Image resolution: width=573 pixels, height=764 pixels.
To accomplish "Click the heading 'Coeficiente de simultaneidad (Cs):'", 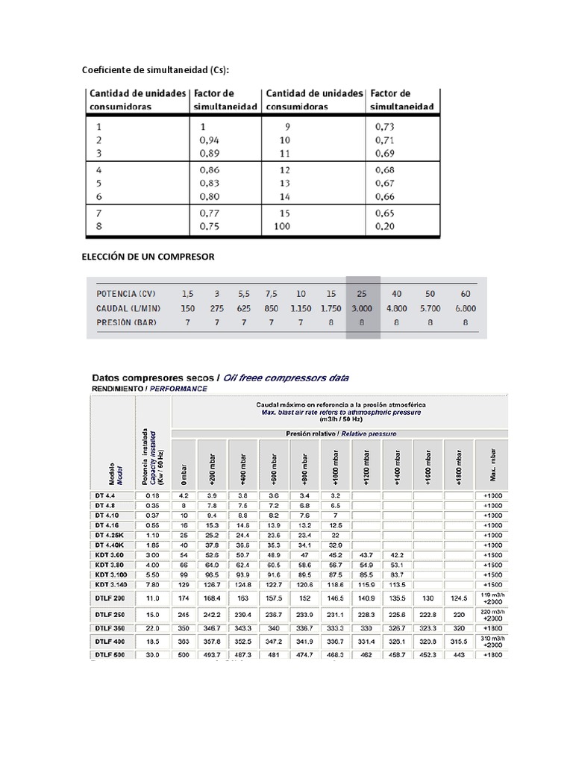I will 155,70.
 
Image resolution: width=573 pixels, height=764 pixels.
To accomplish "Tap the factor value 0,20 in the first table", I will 383,226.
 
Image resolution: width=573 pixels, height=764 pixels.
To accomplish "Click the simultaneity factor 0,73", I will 383,126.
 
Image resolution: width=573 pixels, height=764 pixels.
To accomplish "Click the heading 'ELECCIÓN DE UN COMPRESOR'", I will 148,257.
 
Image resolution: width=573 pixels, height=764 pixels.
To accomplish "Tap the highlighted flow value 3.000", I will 363,307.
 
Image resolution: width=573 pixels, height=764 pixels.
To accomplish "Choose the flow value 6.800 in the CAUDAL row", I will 465,307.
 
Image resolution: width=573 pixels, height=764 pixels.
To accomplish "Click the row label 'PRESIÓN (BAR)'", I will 129,323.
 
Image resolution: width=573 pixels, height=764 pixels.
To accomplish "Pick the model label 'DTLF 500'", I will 110,654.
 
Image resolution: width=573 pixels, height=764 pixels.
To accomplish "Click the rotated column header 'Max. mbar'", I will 491,463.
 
